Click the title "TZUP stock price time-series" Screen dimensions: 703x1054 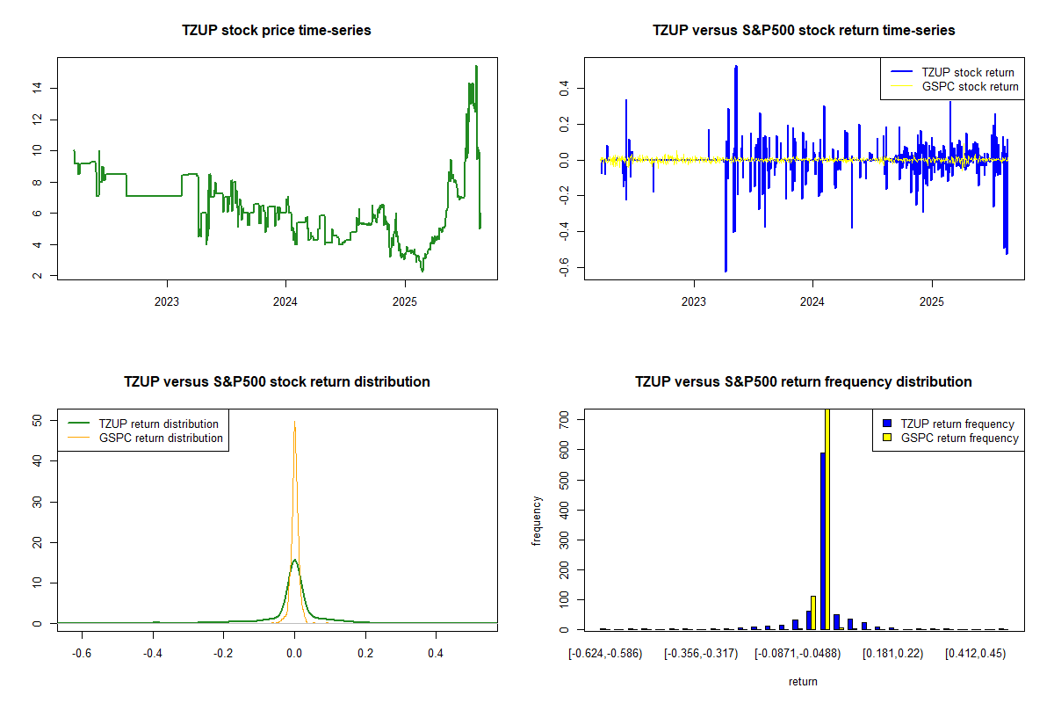[277, 31]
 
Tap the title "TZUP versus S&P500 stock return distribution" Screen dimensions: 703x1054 [277, 382]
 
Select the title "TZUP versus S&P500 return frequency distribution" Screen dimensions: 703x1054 [804, 382]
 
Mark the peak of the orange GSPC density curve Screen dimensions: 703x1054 [294, 423]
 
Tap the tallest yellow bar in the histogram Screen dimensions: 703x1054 [827, 518]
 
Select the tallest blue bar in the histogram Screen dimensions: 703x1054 [822, 540]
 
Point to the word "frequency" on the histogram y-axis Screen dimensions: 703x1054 [538, 521]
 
